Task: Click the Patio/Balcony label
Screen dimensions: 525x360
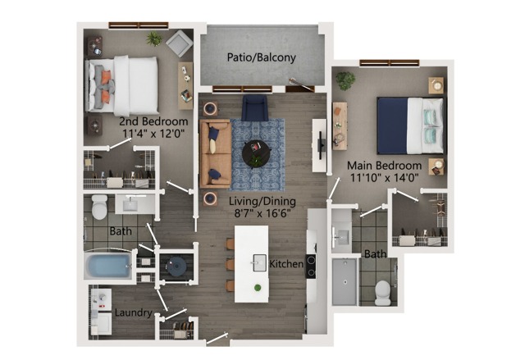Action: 261,57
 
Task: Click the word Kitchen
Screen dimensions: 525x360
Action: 286,263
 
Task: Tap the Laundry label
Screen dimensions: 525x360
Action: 133,312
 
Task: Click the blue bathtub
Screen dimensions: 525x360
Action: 108,266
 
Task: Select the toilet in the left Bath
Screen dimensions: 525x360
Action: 99,207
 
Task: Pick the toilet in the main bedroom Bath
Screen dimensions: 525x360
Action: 382,293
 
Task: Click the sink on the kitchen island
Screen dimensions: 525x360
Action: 259,262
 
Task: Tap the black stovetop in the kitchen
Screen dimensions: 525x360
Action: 310,267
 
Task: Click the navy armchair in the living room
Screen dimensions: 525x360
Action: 255,107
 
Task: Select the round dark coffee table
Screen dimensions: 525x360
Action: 257,154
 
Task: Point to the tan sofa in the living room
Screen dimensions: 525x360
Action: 215,153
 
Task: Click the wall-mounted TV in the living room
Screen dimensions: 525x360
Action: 321,145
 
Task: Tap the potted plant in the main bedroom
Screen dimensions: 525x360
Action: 345,80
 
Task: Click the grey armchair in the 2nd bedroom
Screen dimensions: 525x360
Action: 179,43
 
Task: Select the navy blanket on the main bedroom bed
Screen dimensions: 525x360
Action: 392,125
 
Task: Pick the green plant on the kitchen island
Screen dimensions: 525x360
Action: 258,287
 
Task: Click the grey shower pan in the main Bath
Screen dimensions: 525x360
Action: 345,282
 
